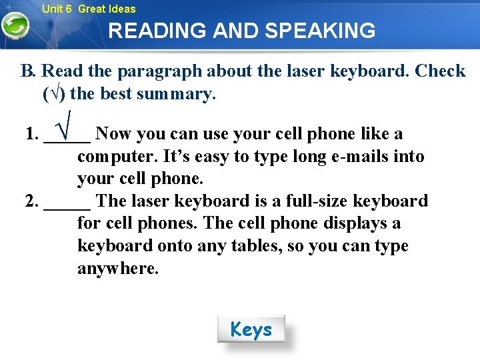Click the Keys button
click(x=251, y=329)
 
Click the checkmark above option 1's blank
click(x=67, y=123)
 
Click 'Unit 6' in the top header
click(x=56, y=9)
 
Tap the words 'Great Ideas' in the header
click(x=107, y=9)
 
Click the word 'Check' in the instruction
click(x=440, y=71)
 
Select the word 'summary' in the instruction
click(x=176, y=94)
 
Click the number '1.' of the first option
click(x=31, y=135)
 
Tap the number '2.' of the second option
click(x=31, y=201)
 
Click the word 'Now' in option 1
click(x=113, y=134)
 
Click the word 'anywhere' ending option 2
click(x=118, y=269)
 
